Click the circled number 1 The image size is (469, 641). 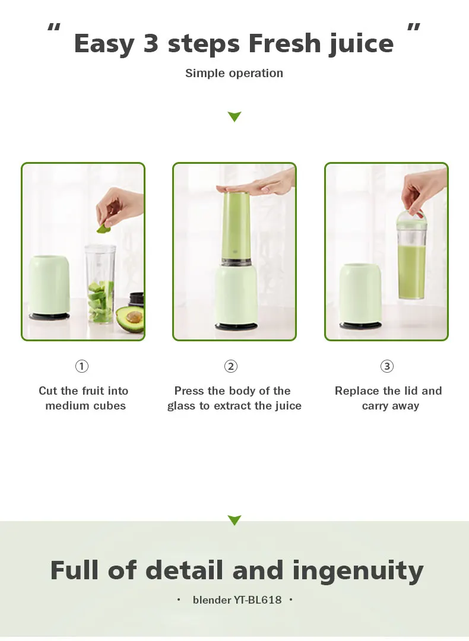(82, 366)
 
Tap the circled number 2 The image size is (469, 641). (231, 366)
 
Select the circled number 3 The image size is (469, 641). (387, 366)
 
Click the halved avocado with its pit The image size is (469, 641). (130, 319)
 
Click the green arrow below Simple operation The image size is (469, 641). (235, 116)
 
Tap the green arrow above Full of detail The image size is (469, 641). (235, 520)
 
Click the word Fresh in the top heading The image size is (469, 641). (284, 43)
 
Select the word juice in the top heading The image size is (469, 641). (362, 44)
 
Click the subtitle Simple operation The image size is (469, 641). (235, 73)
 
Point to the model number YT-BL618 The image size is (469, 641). (258, 599)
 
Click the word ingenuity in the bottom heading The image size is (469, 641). (358, 571)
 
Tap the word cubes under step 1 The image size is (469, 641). (110, 405)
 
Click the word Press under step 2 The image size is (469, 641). (189, 391)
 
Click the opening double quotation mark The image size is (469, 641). (54, 27)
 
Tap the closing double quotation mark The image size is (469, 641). (414, 27)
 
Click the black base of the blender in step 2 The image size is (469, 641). (236, 326)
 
